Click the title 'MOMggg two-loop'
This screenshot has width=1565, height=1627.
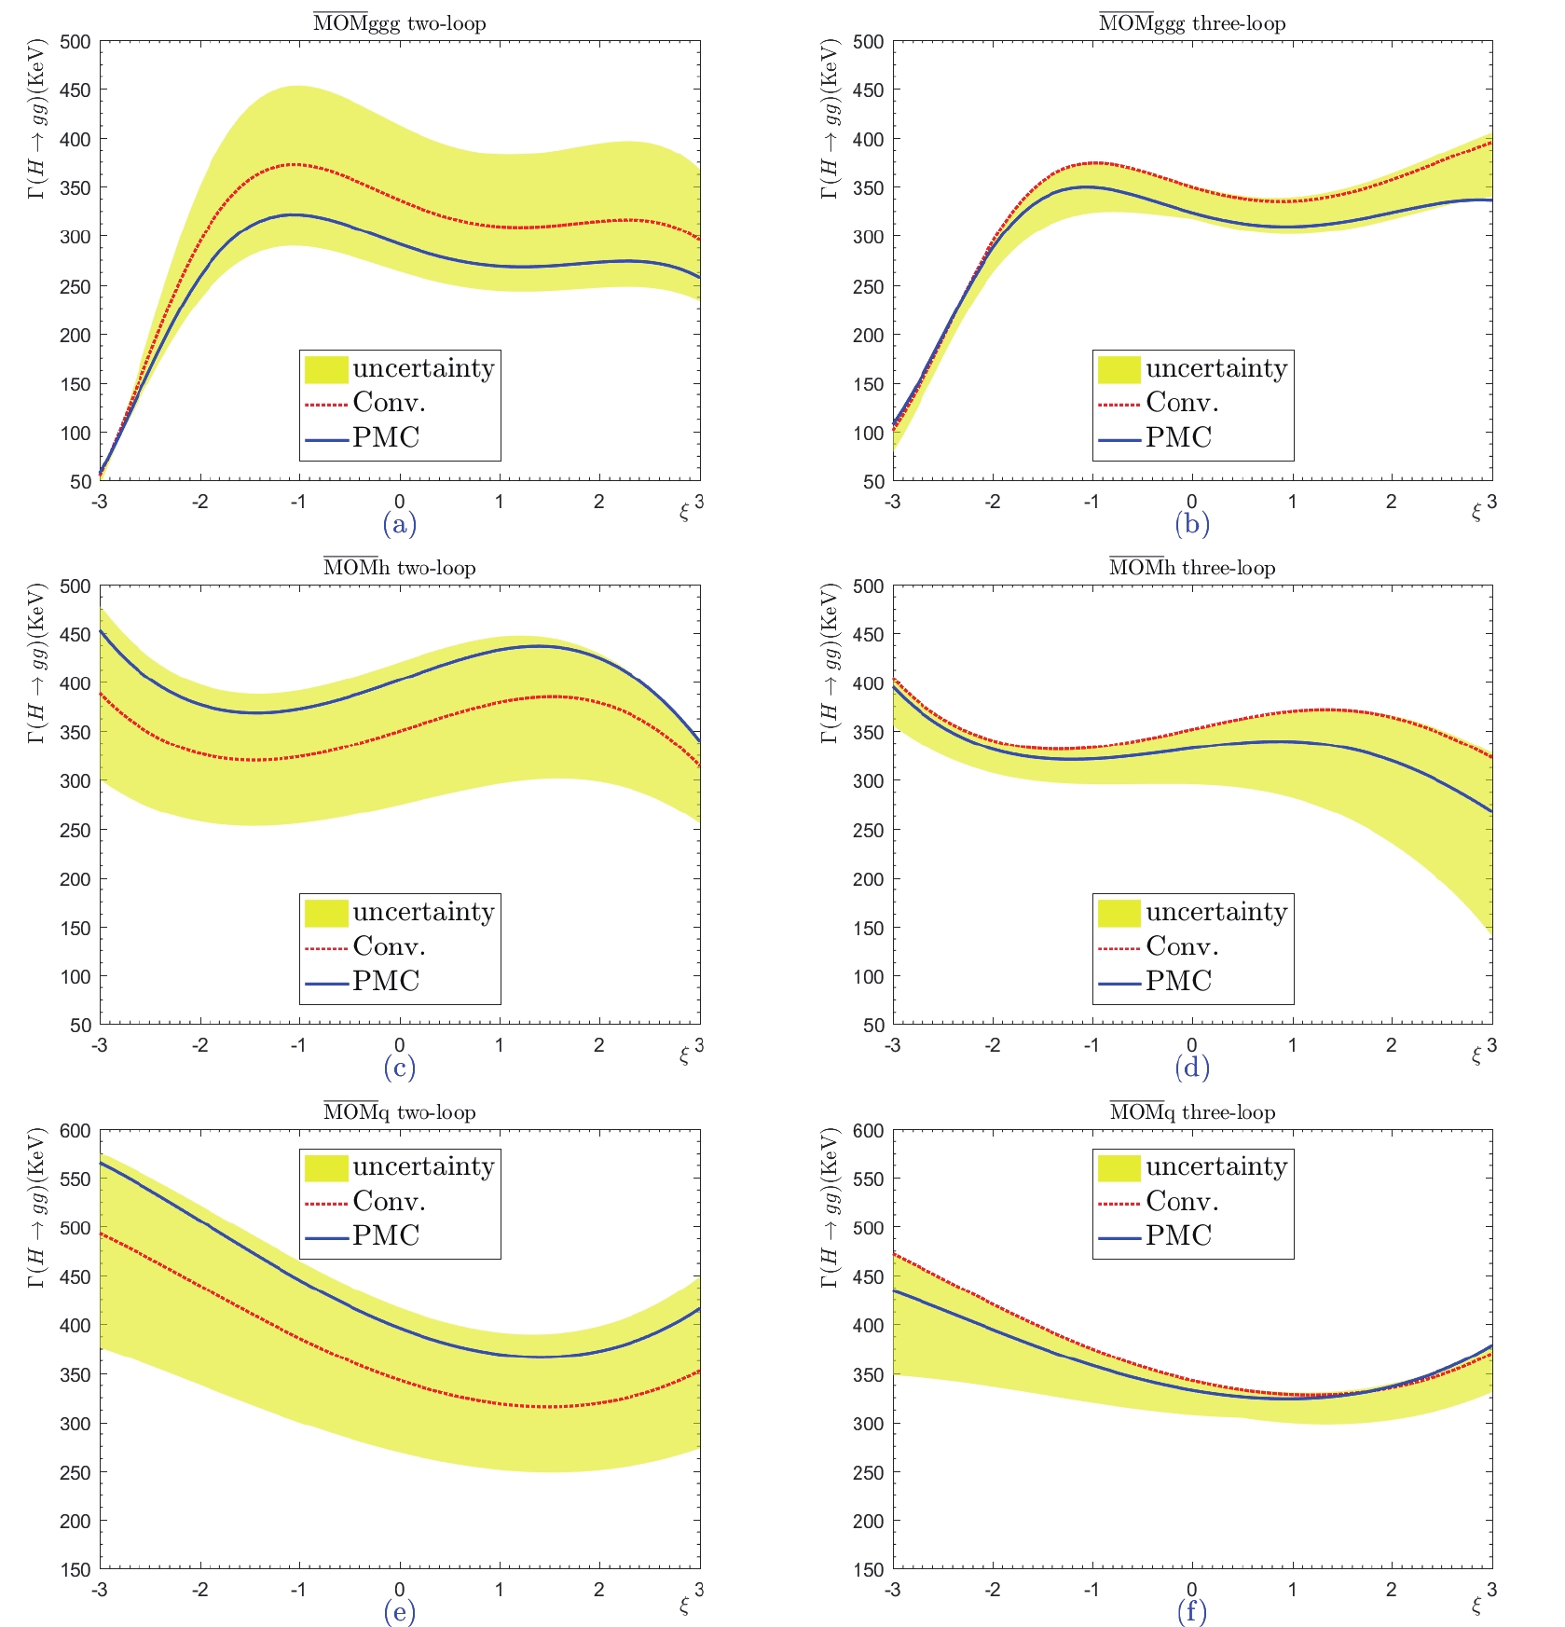(399, 22)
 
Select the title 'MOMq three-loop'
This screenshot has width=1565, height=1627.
(1192, 1111)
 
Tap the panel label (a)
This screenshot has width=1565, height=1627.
(399, 524)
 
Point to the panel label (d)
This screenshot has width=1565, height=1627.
(1192, 1068)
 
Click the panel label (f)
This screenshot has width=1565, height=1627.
(1192, 1612)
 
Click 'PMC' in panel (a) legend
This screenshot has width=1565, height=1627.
(386, 437)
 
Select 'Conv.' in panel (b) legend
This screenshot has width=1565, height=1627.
(1182, 403)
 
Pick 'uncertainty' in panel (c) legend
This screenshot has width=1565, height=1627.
(423, 912)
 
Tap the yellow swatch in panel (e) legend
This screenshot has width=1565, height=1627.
(326, 1167)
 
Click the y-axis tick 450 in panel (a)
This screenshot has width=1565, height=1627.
(76, 90)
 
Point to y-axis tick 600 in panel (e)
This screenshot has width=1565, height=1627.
(76, 1131)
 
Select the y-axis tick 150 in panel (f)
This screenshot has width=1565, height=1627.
(869, 1570)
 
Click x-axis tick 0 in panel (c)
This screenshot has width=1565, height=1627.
(399, 1046)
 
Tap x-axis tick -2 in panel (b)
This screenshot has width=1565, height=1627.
(993, 503)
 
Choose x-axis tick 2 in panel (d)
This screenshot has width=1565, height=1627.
(1391, 1046)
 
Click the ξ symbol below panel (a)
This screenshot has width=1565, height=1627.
(684, 512)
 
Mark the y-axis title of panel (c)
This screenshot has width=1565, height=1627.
(37, 663)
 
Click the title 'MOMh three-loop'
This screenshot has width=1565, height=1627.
(1192, 567)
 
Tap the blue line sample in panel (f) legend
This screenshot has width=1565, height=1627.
(1119, 1237)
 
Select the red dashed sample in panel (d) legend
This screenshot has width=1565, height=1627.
(1119, 948)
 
